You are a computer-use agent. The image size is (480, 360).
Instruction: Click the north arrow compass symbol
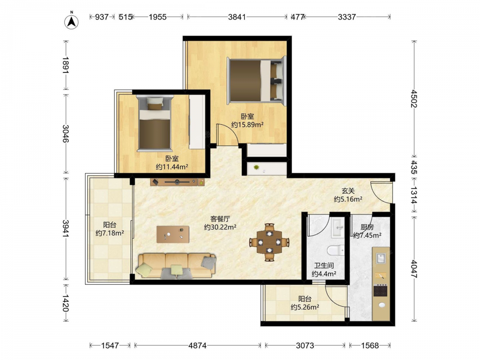pyautogui.click(x=72, y=22)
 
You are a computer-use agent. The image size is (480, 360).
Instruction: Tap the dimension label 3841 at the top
pyautogui.click(x=237, y=17)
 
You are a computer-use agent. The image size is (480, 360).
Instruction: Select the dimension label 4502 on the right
pyautogui.click(x=414, y=98)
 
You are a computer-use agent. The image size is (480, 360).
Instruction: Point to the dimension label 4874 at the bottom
pyautogui.click(x=197, y=346)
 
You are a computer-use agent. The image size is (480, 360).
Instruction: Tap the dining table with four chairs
pyautogui.click(x=269, y=242)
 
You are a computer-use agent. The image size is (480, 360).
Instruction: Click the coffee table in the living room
pyautogui.click(x=173, y=234)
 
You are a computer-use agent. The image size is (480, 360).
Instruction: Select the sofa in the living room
pyautogui.click(x=176, y=266)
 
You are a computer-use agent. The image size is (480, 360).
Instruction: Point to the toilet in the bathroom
pyautogui.click(x=336, y=251)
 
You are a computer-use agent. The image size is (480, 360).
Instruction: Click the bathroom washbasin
pyautogui.click(x=338, y=228)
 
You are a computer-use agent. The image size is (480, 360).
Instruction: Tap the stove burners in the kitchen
pyautogui.click(x=381, y=290)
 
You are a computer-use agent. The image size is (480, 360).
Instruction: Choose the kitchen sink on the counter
pyautogui.click(x=381, y=259)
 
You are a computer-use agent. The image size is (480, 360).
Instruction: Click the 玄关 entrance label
pyautogui.click(x=348, y=191)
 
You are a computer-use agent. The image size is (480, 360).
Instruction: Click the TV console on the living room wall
pyautogui.click(x=178, y=182)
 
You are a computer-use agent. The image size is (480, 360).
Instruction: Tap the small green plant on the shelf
pyautogui.click(x=256, y=167)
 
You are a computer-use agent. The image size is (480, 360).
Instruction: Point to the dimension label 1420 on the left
pyautogui.click(x=65, y=303)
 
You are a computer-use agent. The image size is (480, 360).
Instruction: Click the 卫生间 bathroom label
pyautogui.click(x=324, y=265)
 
